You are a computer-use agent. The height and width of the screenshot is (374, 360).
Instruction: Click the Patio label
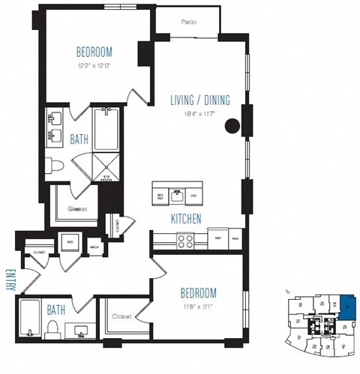point(188,22)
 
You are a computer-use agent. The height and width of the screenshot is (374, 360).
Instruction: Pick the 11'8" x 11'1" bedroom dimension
point(198,306)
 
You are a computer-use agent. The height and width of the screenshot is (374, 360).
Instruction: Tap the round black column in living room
point(233,126)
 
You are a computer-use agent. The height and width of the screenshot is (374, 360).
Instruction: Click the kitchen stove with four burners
point(184,241)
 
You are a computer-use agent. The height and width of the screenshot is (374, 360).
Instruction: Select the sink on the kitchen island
point(177,196)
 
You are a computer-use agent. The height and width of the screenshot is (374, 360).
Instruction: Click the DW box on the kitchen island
point(193,196)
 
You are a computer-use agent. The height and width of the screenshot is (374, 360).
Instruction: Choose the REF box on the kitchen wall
point(217,237)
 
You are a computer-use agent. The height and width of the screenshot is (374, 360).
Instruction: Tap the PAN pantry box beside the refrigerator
point(235,237)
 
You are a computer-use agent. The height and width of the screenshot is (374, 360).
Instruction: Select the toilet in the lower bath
point(53,327)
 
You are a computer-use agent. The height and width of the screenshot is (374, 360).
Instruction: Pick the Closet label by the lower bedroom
point(121,317)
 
